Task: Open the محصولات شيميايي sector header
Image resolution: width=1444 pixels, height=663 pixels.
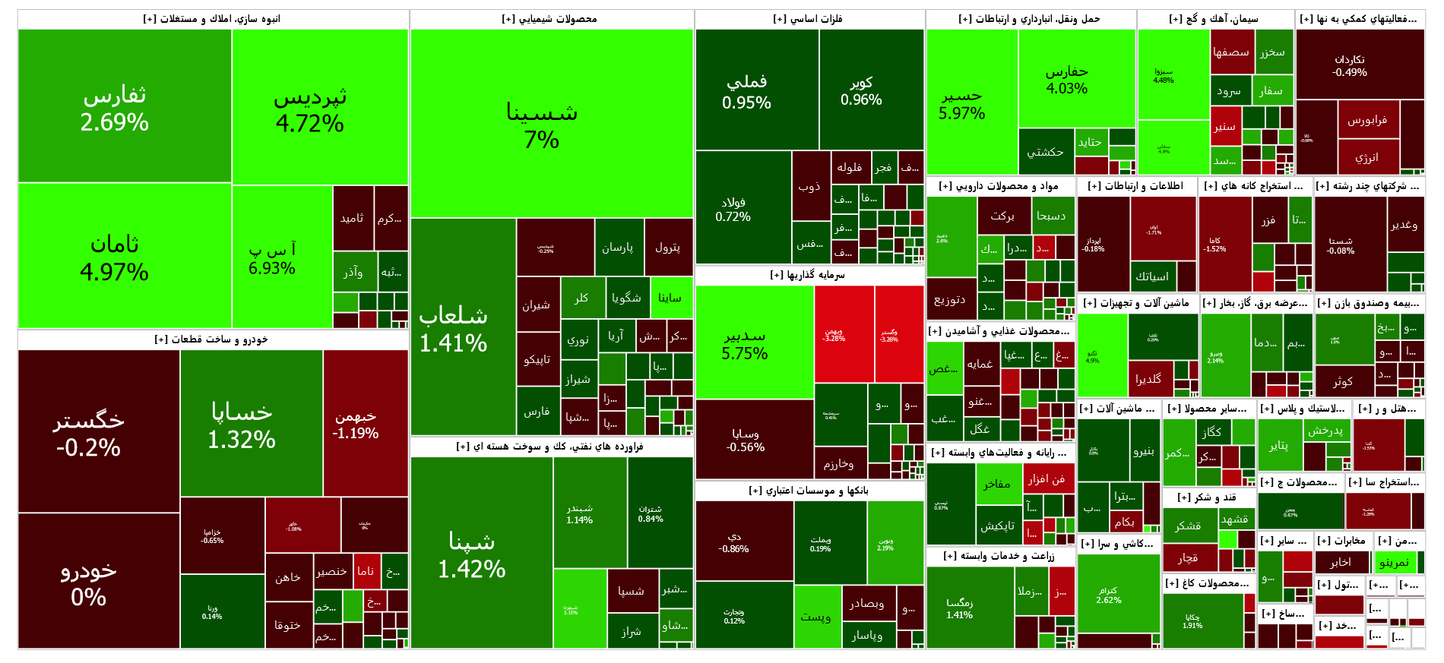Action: [x=551, y=19]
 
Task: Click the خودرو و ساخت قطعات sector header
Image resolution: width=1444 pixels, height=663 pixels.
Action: [x=213, y=339]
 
